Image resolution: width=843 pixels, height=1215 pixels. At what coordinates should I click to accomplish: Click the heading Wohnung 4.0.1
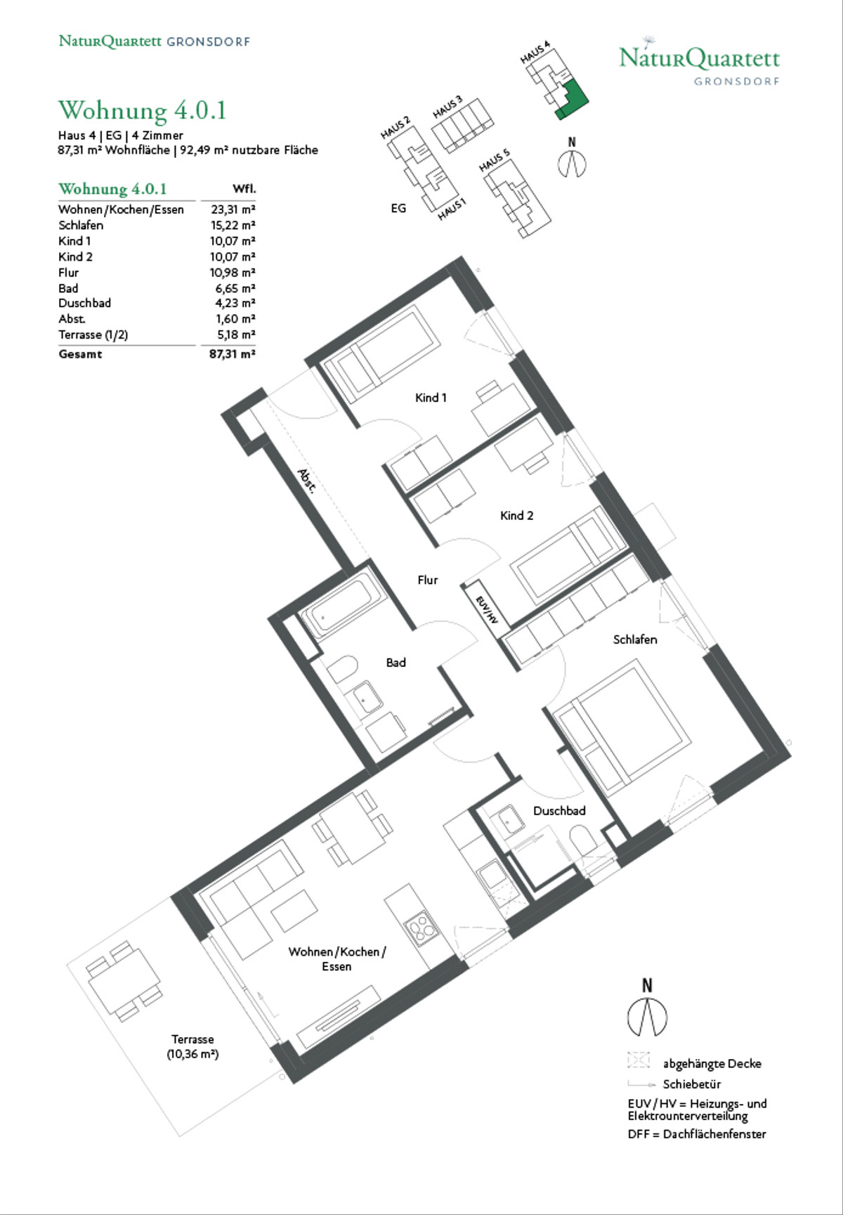tap(142, 110)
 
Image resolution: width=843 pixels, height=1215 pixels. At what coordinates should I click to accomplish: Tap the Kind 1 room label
tap(431, 398)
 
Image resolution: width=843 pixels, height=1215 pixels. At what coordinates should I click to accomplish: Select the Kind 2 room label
tap(516, 516)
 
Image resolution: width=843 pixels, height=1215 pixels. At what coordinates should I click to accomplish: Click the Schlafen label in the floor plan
tap(635, 639)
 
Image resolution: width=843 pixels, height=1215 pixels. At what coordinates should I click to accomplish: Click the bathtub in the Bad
tap(344, 607)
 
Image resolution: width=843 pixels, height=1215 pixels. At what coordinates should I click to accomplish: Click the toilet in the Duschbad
tap(582, 840)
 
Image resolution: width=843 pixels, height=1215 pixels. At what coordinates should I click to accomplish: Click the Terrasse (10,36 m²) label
tap(192, 1046)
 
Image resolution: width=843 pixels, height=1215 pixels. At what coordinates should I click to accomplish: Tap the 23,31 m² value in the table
tap(233, 209)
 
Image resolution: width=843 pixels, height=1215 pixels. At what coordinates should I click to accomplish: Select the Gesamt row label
tap(80, 354)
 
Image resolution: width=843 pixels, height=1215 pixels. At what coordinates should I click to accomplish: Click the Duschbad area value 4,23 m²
tap(235, 304)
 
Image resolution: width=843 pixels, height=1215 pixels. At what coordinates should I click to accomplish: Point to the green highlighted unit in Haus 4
tap(570, 100)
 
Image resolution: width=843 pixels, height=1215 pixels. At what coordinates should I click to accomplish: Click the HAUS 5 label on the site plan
tap(495, 160)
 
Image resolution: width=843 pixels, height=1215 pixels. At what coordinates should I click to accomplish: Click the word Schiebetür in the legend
tap(692, 1084)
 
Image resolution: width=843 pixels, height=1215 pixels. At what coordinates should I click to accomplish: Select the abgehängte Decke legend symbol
tap(639, 1060)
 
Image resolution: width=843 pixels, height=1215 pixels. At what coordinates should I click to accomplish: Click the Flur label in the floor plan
tap(428, 580)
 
